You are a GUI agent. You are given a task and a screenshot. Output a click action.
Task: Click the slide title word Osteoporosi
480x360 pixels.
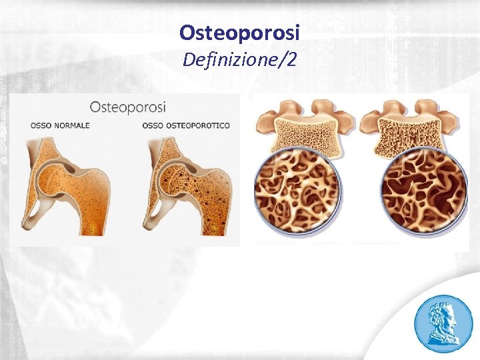tap(240, 32)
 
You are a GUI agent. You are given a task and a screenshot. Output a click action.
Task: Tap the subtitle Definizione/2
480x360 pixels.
tap(240, 61)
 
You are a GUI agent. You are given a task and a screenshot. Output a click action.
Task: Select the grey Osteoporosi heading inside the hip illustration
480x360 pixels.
tap(128, 107)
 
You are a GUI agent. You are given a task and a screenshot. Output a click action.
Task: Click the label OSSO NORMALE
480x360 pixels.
tap(60, 125)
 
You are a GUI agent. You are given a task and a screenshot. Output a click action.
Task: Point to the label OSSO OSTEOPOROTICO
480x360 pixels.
tap(186, 125)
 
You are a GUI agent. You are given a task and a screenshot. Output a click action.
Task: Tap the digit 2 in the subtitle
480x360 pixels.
tap(291, 61)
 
